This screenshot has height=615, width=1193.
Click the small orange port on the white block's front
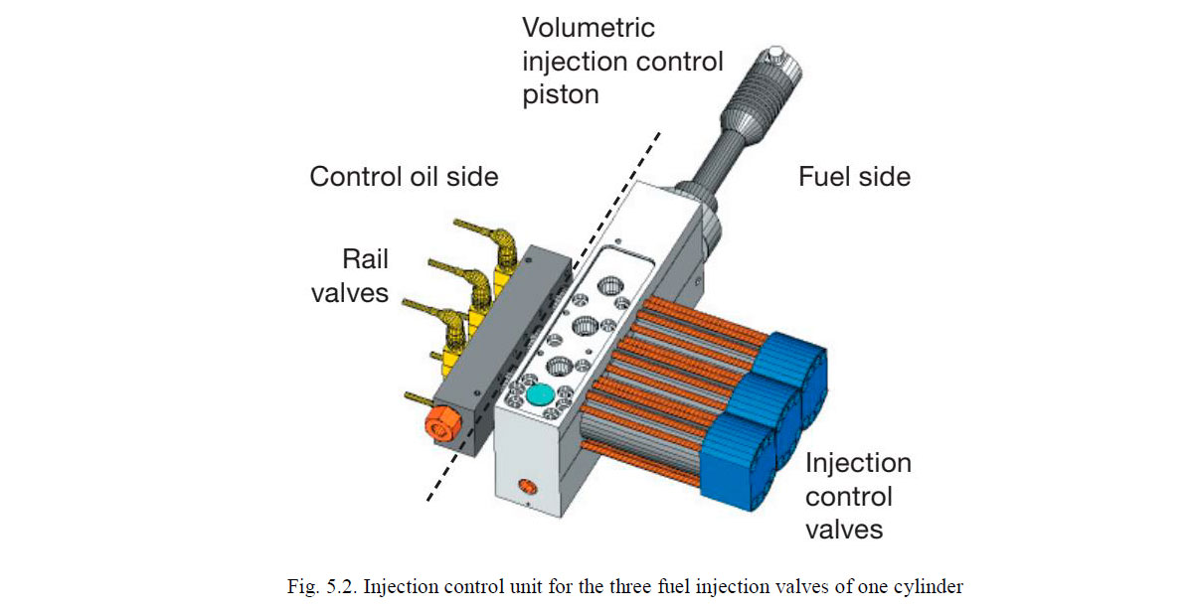(x=524, y=488)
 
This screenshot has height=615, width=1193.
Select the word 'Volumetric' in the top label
(x=589, y=27)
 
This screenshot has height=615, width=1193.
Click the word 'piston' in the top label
(x=562, y=94)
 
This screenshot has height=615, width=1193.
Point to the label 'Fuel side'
(x=854, y=177)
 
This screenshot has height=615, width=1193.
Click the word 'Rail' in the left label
(x=365, y=259)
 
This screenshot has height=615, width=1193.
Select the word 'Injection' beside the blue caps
(x=858, y=463)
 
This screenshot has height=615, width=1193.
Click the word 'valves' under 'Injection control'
(x=844, y=530)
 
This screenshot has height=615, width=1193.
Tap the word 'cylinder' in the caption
(x=928, y=586)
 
